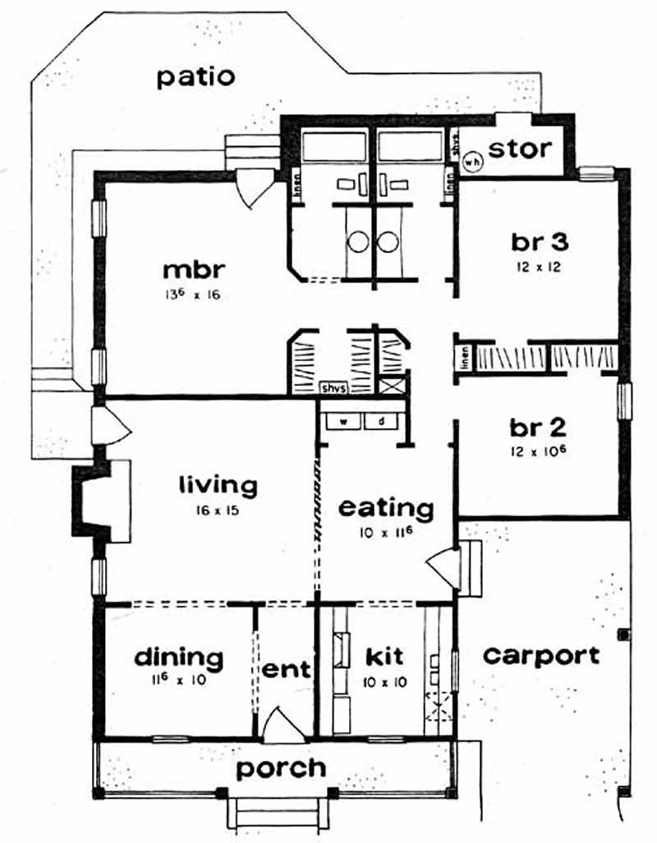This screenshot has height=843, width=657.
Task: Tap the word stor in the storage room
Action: (520, 150)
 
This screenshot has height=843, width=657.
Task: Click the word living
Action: (218, 484)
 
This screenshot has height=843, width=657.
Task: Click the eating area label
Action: (386, 508)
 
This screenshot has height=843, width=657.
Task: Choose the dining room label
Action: (178, 657)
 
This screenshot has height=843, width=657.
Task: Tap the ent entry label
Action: (287, 669)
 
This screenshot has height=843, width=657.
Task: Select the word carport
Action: (540, 655)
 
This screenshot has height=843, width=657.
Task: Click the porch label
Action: (281, 768)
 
